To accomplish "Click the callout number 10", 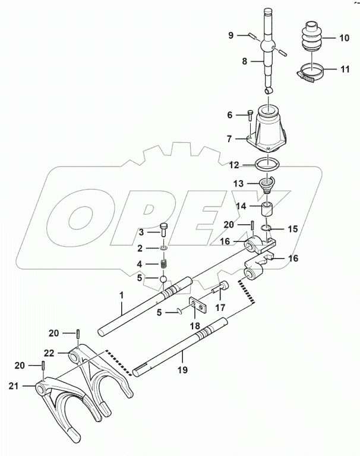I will tap(344, 37).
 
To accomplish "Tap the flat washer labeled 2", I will tap(162, 247).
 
